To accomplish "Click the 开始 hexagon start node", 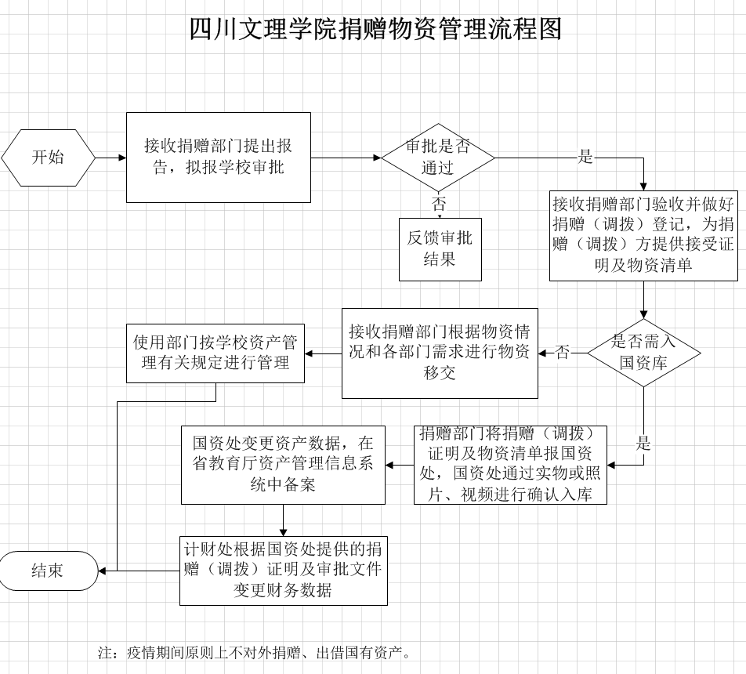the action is [48, 158].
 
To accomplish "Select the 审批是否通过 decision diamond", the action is [438, 158].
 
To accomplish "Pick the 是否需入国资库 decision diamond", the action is [643, 353].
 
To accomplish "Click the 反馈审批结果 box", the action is [440, 249].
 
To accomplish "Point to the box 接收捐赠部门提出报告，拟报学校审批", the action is [219, 158].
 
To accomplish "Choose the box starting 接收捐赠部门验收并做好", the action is [643, 236].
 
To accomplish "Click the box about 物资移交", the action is [440, 353].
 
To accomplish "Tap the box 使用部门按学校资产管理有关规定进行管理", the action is [215, 353].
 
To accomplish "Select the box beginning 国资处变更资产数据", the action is [283, 465].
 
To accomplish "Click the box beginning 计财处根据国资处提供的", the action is [284, 571].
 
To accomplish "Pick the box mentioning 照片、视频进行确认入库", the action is [510, 465].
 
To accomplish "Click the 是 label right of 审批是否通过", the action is [585, 157].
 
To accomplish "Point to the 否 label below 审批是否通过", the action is [439, 205].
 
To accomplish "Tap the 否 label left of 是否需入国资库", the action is [563, 353].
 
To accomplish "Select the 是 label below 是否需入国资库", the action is [643, 444].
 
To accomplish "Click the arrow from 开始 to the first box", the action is [110, 158].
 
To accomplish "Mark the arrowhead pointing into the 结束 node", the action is [102, 571].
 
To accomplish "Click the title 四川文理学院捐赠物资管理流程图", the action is [376, 28].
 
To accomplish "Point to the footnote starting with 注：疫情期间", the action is [255, 653].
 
